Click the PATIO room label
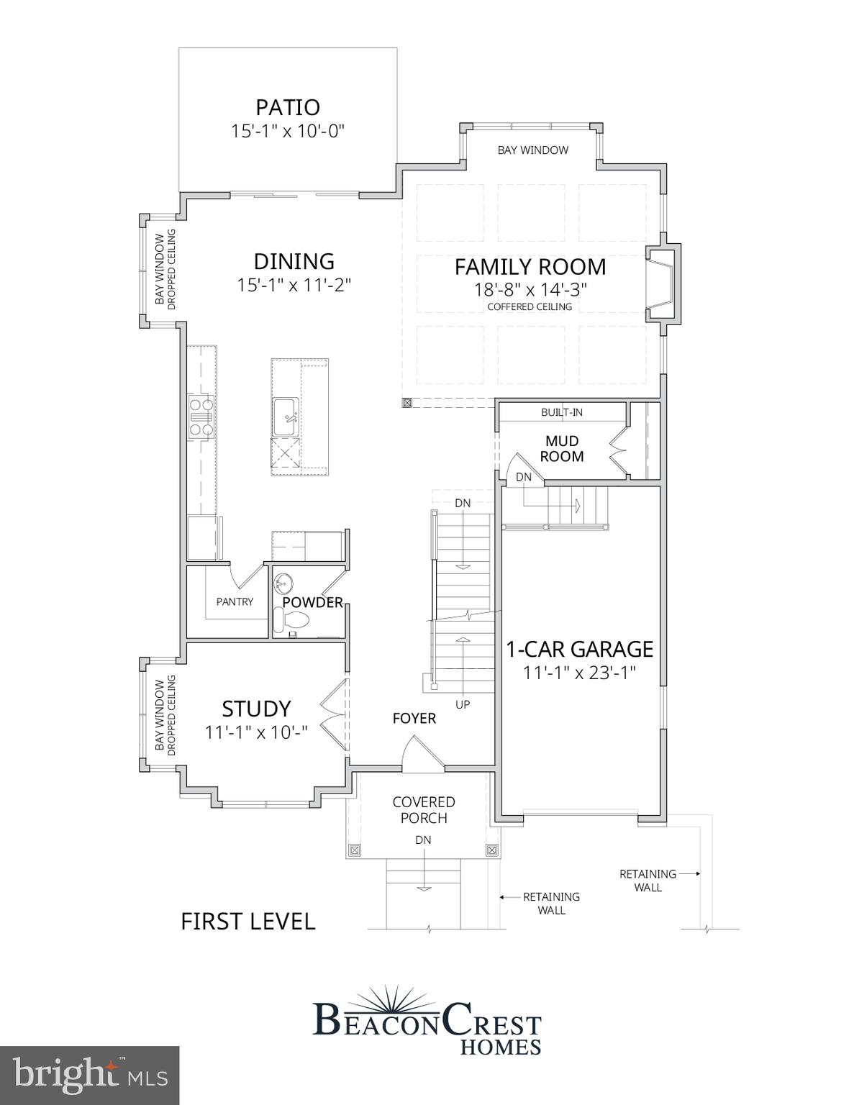coord(288,107)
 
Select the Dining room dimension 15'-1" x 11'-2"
coord(294,285)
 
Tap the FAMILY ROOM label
coord(530,267)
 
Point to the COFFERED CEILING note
coord(530,307)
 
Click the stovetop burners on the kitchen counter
coord(201,417)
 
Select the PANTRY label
coord(235,601)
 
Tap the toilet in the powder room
coord(292,619)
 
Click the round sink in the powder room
coord(286,581)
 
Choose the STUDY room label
coord(256,709)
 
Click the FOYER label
coord(414,718)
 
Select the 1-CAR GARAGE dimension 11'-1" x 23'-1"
coord(580,673)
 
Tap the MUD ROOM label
coord(562,448)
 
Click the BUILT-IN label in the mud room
coord(562,412)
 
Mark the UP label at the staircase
coord(463,704)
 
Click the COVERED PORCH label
coord(424,809)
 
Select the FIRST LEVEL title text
coord(247,922)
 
